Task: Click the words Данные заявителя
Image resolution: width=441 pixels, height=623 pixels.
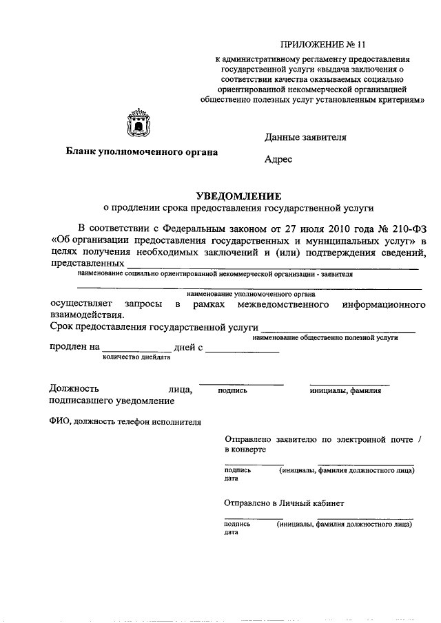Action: [305, 137]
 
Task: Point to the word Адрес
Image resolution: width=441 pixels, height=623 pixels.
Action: [278, 159]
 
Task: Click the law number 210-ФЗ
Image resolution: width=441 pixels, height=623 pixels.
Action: [407, 228]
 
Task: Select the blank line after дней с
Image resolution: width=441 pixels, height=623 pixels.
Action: [242, 350]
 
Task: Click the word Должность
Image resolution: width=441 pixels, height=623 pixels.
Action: [74, 388]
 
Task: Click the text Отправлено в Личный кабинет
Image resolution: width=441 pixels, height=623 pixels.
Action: [284, 503]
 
